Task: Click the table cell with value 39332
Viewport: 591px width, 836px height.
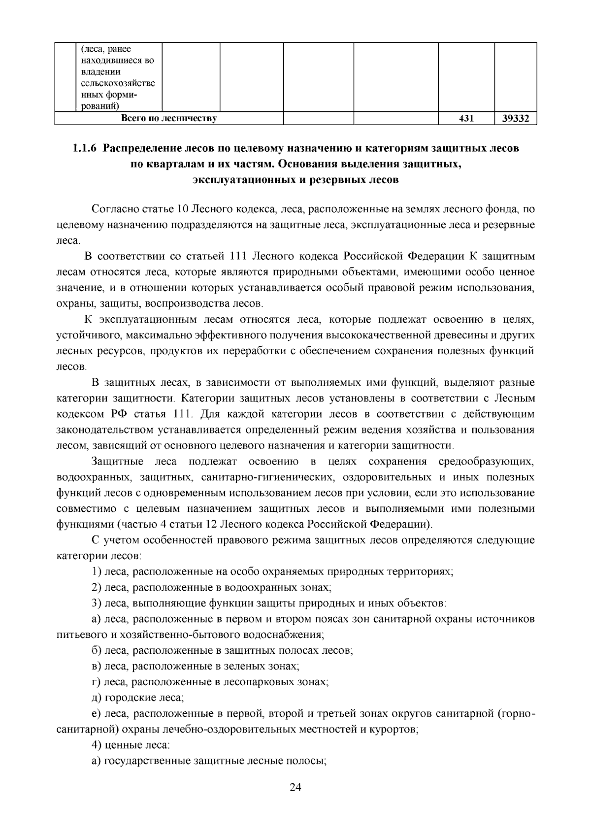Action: coord(515,118)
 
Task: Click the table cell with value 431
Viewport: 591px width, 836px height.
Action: coord(466,118)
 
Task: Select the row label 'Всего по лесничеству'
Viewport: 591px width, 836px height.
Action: coord(169,118)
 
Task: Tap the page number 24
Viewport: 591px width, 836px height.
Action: coord(295,787)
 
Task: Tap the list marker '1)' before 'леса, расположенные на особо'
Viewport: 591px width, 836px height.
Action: coord(97,571)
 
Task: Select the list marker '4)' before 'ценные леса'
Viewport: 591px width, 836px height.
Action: coord(97,745)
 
